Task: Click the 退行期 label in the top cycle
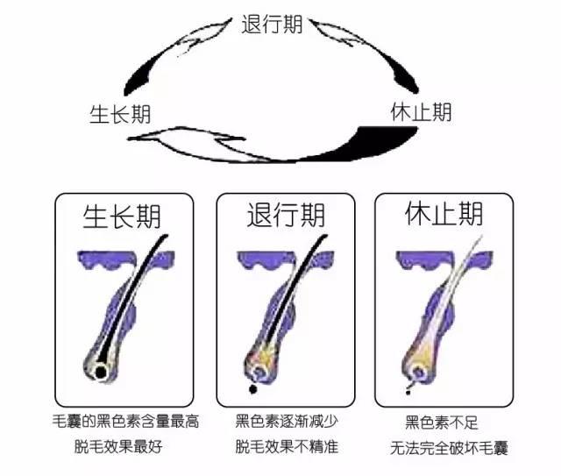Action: coord(272,24)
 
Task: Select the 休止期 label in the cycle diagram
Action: coord(421,112)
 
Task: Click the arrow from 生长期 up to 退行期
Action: coord(175,53)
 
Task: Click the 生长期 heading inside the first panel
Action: coord(122,216)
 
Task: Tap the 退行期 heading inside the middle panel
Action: coord(286,216)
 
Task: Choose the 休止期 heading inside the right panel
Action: coord(444,216)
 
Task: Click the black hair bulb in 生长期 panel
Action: coord(102,373)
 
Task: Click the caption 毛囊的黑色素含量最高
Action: coord(125,422)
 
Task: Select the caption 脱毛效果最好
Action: coord(119,446)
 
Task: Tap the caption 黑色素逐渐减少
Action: coord(287,422)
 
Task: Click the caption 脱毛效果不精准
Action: coord(287,446)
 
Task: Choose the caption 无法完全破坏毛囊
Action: coord(450,448)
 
